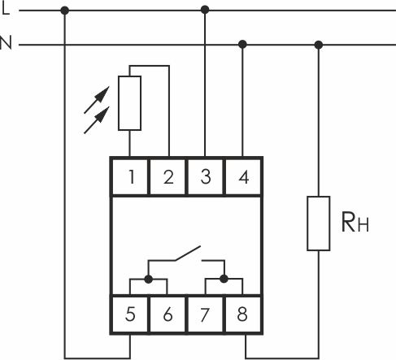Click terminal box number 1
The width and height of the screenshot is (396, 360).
[130, 177]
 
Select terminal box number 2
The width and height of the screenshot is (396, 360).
[168, 177]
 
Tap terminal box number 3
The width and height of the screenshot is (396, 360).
[205, 177]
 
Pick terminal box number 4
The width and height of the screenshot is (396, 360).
[243, 177]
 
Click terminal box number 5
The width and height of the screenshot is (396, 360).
[130, 314]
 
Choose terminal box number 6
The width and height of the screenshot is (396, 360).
[168, 314]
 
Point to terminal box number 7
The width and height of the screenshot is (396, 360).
[205, 314]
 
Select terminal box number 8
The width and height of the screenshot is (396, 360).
[243, 314]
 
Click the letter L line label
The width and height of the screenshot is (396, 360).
[6, 9]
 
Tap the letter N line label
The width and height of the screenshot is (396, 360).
[6, 42]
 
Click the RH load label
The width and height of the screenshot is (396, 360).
[355, 223]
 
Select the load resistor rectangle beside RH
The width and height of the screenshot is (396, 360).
[319, 223]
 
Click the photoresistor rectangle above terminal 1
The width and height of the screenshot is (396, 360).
[129, 103]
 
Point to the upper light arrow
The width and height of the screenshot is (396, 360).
[97, 100]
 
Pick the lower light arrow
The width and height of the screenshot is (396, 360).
[97, 120]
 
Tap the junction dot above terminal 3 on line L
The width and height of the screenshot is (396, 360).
[205, 10]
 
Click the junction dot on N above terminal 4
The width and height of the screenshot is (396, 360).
[242, 44]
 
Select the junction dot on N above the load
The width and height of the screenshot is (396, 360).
[319, 45]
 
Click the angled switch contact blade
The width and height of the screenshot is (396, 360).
[188, 254]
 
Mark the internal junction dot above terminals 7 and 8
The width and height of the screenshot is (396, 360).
[224, 279]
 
